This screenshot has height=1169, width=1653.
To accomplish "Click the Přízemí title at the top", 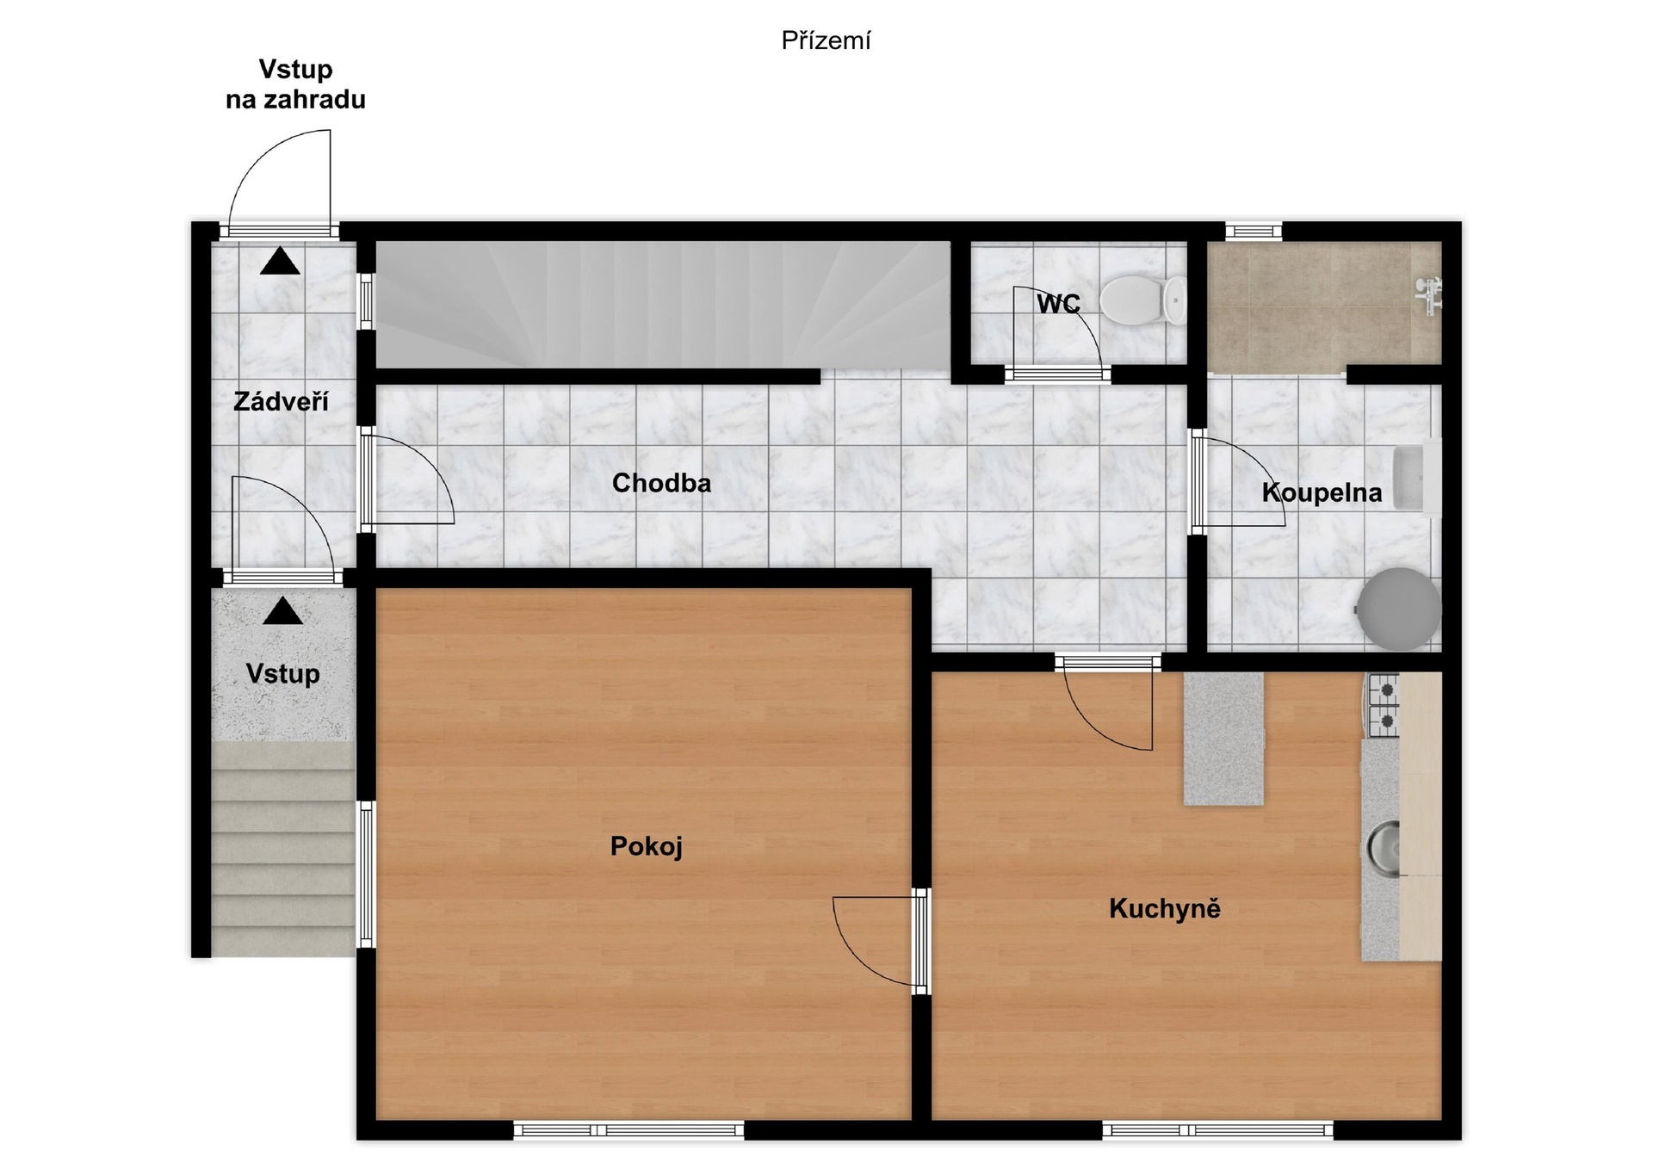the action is [826, 41].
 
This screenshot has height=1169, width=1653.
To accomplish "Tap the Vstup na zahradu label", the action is [295, 84].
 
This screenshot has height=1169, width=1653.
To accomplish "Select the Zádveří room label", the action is [282, 401].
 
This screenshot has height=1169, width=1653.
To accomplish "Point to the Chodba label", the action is [661, 483].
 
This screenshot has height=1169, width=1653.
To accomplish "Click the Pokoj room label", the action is [647, 846].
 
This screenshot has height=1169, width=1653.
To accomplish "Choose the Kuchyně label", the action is [1165, 908].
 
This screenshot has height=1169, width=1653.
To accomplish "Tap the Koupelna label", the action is [1322, 492].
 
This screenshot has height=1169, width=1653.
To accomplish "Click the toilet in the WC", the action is [1143, 300].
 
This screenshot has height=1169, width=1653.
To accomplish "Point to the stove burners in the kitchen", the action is [1384, 705].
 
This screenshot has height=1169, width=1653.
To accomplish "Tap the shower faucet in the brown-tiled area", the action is [1429, 295].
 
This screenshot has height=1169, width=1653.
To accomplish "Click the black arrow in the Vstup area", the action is [282, 611].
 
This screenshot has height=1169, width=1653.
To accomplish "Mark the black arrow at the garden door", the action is [280, 261].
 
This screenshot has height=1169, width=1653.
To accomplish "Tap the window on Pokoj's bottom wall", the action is [628, 1130].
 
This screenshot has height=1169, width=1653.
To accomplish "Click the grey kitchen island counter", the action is [1223, 739].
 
